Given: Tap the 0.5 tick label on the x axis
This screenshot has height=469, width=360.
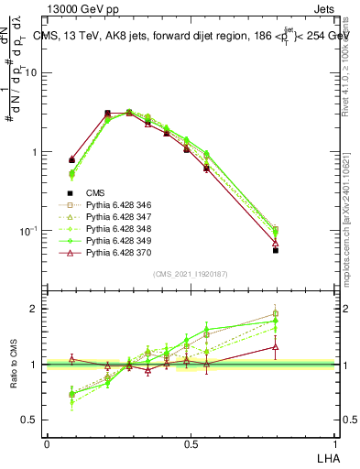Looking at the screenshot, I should (191, 443).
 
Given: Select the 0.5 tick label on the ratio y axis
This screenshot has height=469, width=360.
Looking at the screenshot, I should (31, 420).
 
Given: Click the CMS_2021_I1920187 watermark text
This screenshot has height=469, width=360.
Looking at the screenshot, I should (191, 274).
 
